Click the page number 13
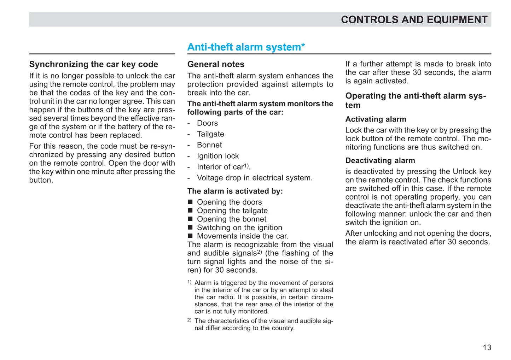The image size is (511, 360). (487, 348)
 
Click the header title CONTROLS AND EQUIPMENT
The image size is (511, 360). (414, 20)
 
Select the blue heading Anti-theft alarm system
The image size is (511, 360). (246, 47)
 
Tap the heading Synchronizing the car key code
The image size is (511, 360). (93, 64)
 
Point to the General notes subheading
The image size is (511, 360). (216, 64)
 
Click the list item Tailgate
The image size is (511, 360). (210, 134)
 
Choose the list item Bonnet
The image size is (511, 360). (209, 145)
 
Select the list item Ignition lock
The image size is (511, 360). (218, 156)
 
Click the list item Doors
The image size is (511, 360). (207, 123)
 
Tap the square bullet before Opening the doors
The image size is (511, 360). (190, 202)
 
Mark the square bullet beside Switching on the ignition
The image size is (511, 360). (190, 228)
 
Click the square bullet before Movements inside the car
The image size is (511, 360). (190, 236)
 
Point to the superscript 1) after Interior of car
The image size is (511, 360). (246, 165)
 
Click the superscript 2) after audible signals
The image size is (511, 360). (259, 252)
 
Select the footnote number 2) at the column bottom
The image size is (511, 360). (189, 320)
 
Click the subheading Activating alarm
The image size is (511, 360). (376, 119)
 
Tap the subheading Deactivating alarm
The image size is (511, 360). (380, 161)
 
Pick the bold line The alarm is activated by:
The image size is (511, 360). (235, 191)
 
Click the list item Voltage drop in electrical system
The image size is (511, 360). (255, 178)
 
